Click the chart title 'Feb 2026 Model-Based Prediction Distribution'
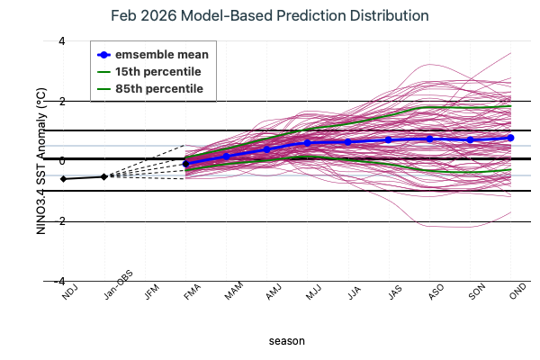point(269,17)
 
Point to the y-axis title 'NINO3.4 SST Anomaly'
point(40,162)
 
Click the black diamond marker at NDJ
point(63,179)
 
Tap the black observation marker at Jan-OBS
point(103,176)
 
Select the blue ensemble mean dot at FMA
point(185,164)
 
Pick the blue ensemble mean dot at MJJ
point(307,143)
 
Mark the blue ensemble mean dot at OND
point(510,138)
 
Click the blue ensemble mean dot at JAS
point(389,139)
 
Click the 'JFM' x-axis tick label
point(154,292)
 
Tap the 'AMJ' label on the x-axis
point(275,292)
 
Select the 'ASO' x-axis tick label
point(438,292)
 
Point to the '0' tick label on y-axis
point(37,161)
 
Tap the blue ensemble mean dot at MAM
point(226,156)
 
